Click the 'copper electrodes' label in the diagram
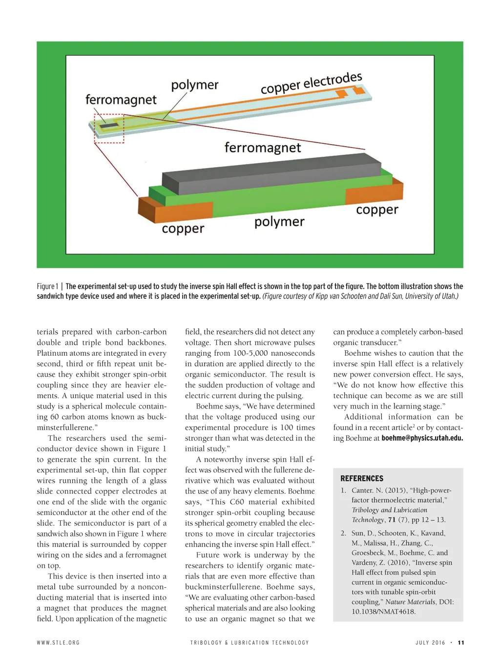[x=311, y=83]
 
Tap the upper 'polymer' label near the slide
[x=194, y=85]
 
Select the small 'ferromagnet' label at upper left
[x=121, y=100]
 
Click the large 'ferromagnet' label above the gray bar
[x=262, y=148]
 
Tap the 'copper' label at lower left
[x=183, y=229]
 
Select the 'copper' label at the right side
[x=377, y=210]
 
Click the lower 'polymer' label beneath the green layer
[x=279, y=222]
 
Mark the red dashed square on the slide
[x=109, y=128]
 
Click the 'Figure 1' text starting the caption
[x=47, y=286]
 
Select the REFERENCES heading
[x=362, y=478]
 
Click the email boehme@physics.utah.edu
[x=422, y=438]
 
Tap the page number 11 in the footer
[x=461, y=642]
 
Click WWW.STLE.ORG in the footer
[x=58, y=642]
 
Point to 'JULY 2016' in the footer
[x=430, y=642]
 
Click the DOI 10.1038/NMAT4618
[x=383, y=612]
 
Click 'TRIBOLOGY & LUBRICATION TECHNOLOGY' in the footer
[x=250, y=642]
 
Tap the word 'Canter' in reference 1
[x=362, y=490]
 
